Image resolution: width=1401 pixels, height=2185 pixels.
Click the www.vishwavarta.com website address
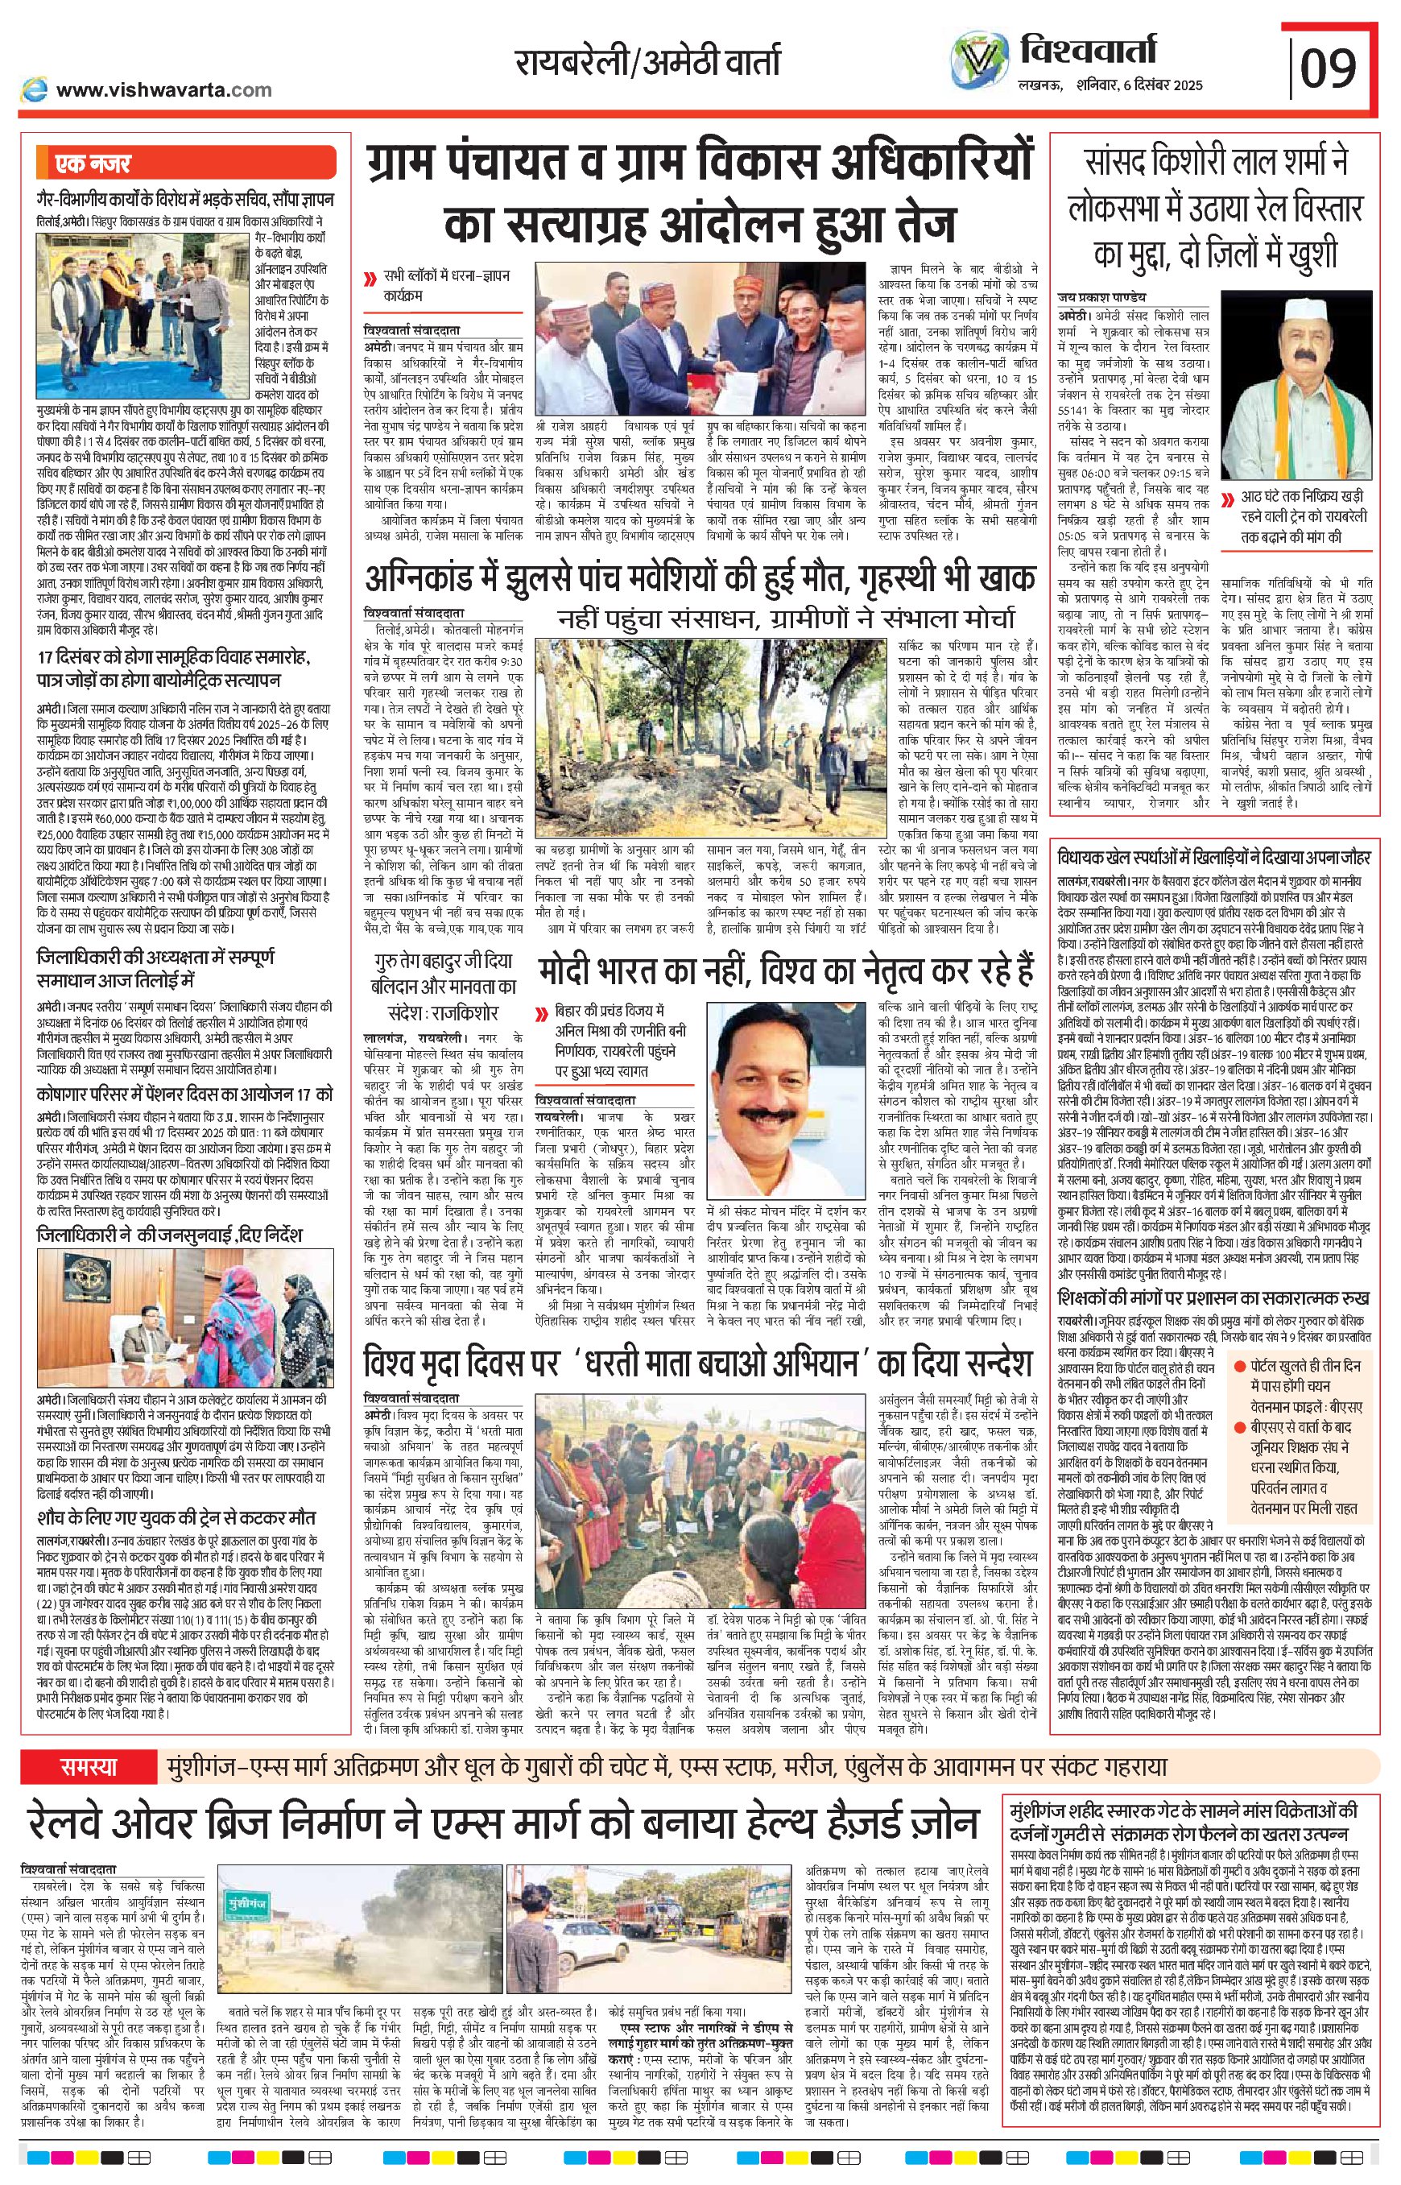(163, 89)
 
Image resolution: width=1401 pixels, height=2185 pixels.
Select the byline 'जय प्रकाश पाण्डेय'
(1102, 297)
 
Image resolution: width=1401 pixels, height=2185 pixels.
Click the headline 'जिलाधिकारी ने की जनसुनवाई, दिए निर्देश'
(170, 1235)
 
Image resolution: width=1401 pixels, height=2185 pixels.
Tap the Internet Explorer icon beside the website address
(35, 89)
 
